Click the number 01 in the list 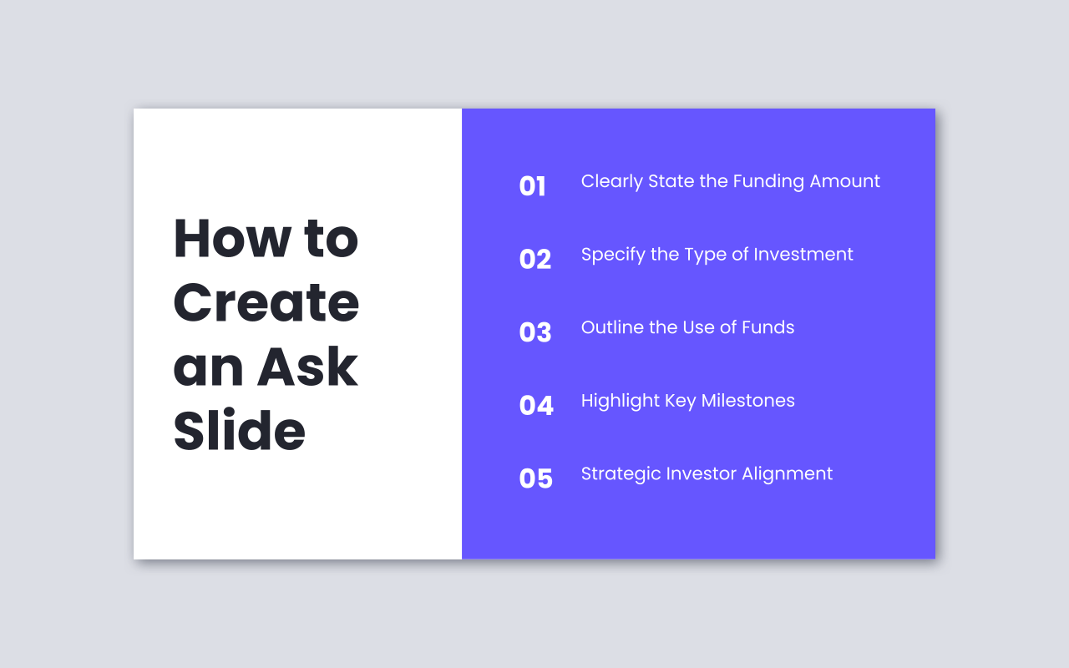pyautogui.click(x=532, y=186)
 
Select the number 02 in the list pyautogui.click(x=534, y=260)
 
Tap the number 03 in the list pyautogui.click(x=534, y=332)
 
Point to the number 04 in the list pyautogui.click(x=535, y=406)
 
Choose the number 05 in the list pyautogui.click(x=535, y=478)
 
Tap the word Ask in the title pyautogui.click(x=307, y=367)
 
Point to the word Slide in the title pyautogui.click(x=239, y=431)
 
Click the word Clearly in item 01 pyautogui.click(x=611, y=182)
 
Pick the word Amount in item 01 pyautogui.click(x=845, y=181)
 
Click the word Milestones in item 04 pyautogui.click(x=747, y=401)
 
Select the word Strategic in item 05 pyautogui.click(x=616, y=474)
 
